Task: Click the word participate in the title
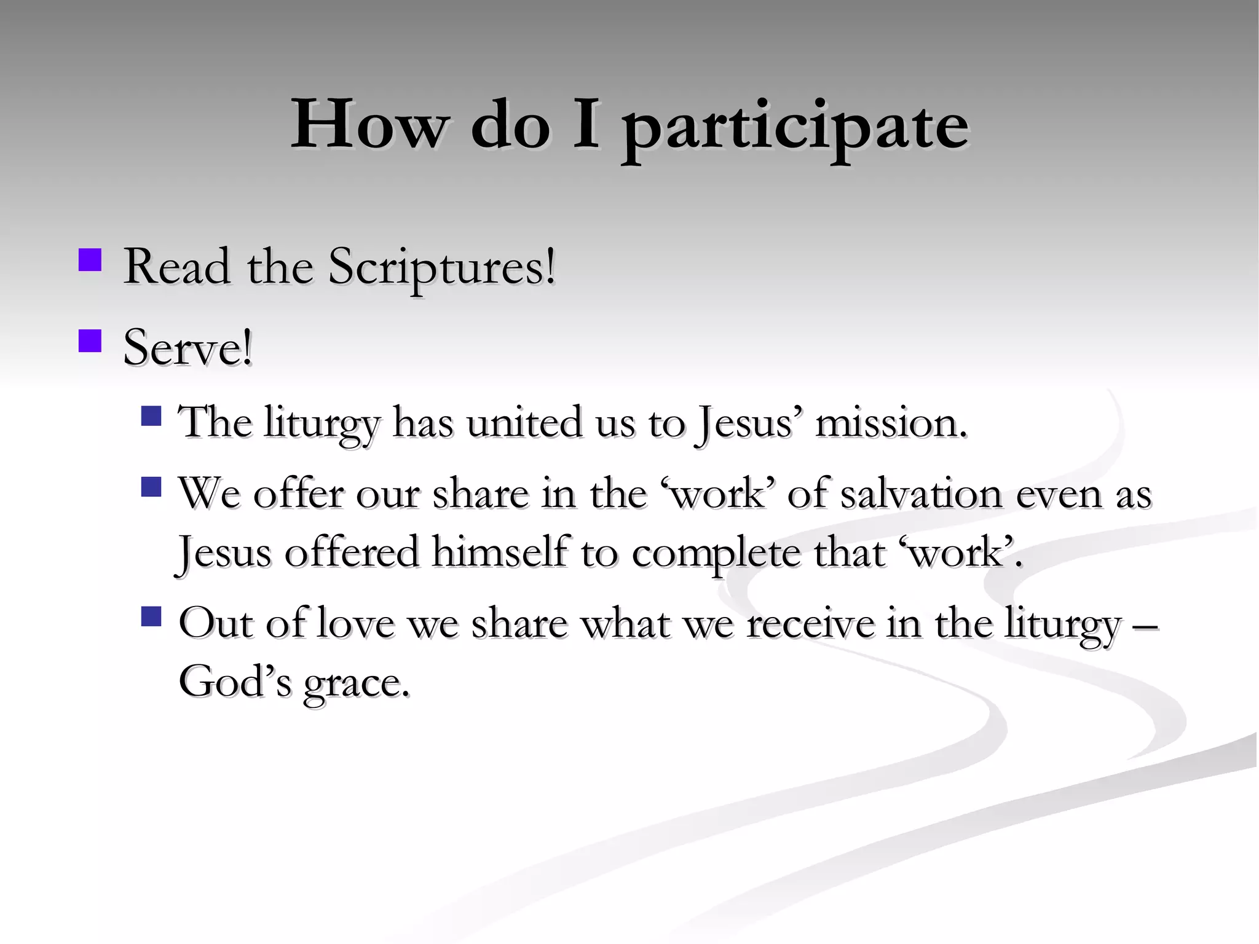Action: pyautogui.click(x=794, y=128)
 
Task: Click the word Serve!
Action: pyautogui.click(x=187, y=348)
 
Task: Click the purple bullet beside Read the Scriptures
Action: pyautogui.click(x=90, y=260)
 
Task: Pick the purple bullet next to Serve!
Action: pyautogui.click(x=90, y=341)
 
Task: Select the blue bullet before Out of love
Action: pyautogui.click(x=151, y=616)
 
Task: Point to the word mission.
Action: pyautogui.click(x=890, y=424)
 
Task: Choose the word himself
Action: pyautogui.click(x=499, y=553)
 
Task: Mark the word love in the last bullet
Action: pyautogui.click(x=355, y=624)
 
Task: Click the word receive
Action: pyautogui.click(x=810, y=624)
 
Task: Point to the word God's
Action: pyautogui.click(x=234, y=682)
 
